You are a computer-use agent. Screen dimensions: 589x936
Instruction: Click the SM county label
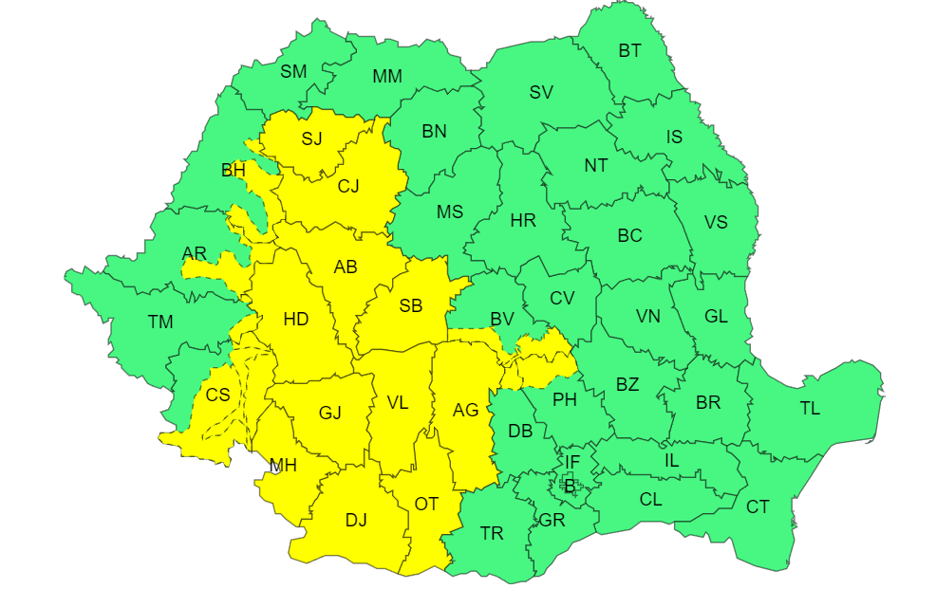[x=293, y=71]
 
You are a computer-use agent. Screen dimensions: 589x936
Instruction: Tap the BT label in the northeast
[x=629, y=51]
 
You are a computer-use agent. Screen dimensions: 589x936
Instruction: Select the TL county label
[x=810, y=409]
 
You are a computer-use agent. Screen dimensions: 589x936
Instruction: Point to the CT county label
[x=758, y=507]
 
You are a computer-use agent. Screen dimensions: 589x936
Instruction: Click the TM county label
[x=160, y=322]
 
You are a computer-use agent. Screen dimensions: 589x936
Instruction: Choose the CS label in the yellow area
[x=217, y=395]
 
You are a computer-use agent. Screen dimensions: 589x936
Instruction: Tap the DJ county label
[x=356, y=520]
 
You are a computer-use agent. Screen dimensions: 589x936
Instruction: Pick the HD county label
[x=296, y=320]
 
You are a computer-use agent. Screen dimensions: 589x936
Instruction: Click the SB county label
[x=410, y=305]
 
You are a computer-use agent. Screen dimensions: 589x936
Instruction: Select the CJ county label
[x=348, y=186]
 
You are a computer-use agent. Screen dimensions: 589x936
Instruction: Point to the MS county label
[x=450, y=212]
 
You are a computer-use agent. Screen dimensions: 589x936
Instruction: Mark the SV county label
[x=541, y=92]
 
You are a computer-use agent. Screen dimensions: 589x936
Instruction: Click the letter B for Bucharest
[x=570, y=487]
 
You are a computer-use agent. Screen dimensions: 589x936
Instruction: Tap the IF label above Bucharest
[x=571, y=462]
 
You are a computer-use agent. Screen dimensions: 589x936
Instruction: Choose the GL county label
[x=716, y=317]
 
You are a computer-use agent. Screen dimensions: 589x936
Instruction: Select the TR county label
[x=492, y=534]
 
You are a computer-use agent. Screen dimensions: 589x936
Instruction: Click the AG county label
[x=465, y=410]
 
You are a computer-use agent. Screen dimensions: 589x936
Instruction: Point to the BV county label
[x=501, y=320]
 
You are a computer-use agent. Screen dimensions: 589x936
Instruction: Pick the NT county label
[x=595, y=166]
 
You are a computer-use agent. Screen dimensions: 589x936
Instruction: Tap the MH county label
[x=283, y=465]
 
